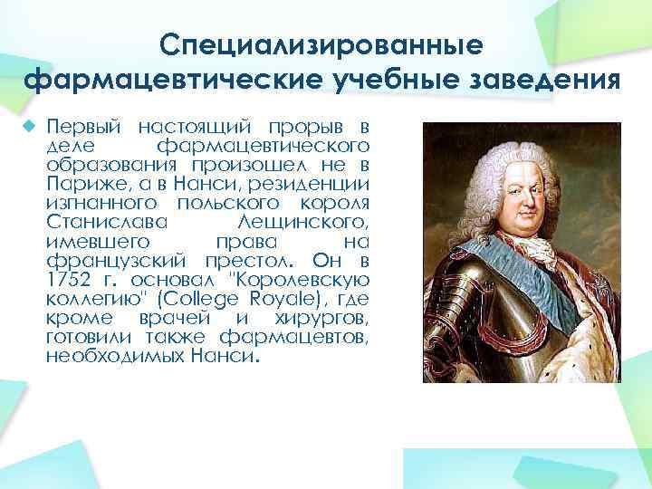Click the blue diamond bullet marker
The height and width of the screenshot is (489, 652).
(x=30, y=124)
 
